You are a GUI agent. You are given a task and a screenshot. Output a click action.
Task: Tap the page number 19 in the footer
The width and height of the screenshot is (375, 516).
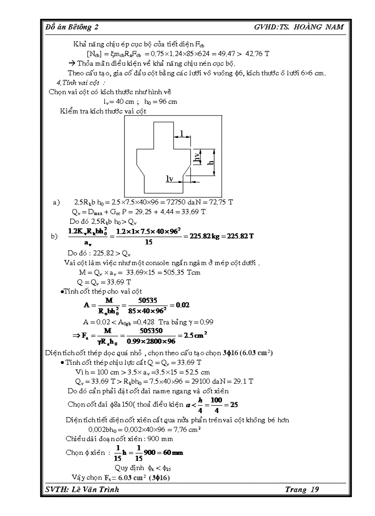(314, 489)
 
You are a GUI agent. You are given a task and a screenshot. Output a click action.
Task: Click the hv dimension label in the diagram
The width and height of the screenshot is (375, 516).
(197, 157)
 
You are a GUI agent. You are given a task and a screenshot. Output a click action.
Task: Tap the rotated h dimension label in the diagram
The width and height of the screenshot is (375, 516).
(210, 162)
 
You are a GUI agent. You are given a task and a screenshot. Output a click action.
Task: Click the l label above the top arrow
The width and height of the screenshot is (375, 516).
(182, 133)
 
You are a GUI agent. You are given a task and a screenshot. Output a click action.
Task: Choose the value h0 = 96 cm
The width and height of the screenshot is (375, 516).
(161, 102)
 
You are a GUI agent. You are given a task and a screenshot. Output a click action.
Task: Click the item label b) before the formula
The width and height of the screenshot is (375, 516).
(55, 236)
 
